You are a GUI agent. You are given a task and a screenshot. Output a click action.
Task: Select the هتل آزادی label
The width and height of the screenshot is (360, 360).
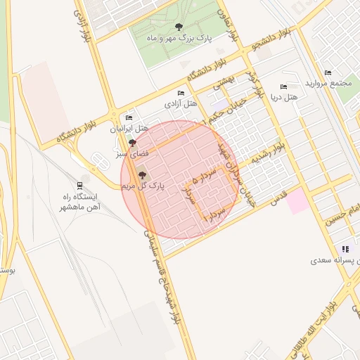pyautogui.click(x=179, y=103)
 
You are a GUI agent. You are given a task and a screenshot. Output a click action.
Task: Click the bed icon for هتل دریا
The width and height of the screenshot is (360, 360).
pyautogui.click(x=283, y=86)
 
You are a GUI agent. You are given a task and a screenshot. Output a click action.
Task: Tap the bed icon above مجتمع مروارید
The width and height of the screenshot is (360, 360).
pyautogui.click(x=328, y=72)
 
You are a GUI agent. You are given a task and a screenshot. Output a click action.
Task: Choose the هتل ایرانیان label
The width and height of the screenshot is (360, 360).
pyautogui.click(x=129, y=129)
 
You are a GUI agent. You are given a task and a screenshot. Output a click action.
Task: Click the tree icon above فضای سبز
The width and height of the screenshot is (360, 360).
pyautogui.click(x=134, y=143)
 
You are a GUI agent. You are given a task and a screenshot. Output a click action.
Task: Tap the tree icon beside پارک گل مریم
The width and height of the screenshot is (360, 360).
pyautogui.click(x=143, y=175)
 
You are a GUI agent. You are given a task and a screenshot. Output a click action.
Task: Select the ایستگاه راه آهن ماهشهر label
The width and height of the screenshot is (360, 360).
pyautogui.click(x=79, y=202)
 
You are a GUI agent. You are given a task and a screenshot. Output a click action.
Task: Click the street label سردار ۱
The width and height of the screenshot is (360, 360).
pyautogui.click(x=214, y=214)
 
